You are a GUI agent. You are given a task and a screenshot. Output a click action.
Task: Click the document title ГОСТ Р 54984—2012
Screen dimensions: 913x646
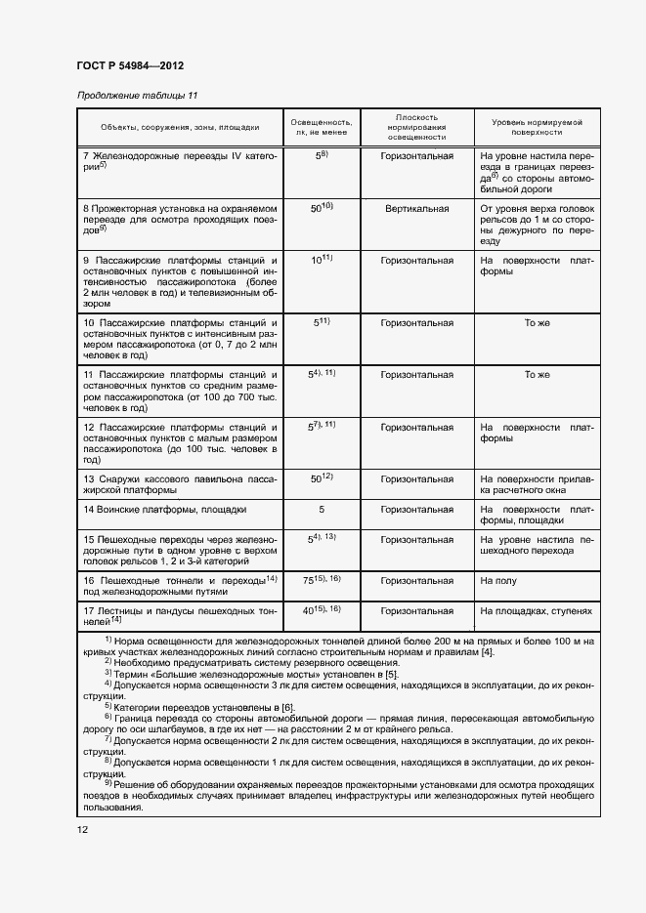coord(130,65)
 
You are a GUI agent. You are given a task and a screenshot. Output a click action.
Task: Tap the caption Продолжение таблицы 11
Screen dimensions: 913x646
coord(137,96)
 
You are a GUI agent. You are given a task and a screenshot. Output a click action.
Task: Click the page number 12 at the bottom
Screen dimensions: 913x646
coord(83,829)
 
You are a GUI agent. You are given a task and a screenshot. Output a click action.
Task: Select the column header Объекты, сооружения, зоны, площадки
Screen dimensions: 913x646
coord(180,127)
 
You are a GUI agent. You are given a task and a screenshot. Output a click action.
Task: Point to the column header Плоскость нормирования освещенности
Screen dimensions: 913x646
coord(416,127)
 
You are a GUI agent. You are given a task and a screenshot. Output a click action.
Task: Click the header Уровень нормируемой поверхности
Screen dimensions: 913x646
coord(537,127)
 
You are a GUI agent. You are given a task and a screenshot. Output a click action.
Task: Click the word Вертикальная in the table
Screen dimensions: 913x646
coord(416,208)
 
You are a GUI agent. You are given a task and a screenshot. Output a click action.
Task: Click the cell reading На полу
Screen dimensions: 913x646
coord(491,580)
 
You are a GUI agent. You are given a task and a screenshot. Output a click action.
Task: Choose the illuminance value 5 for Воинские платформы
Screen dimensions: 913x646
coord(321,509)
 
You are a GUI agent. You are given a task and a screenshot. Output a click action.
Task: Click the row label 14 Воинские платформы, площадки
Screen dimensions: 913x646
coord(164,509)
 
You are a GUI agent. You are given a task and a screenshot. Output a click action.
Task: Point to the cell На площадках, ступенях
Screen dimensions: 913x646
coord(536,610)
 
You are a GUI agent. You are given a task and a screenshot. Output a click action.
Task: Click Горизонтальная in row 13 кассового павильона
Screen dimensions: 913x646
coord(416,478)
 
